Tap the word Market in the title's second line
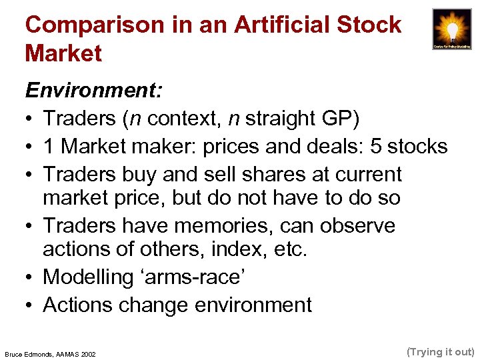(63, 53)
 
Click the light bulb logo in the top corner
(451, 29)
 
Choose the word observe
(357, 226)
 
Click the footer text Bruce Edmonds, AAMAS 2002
(50, 353)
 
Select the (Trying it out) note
(440, 351)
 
